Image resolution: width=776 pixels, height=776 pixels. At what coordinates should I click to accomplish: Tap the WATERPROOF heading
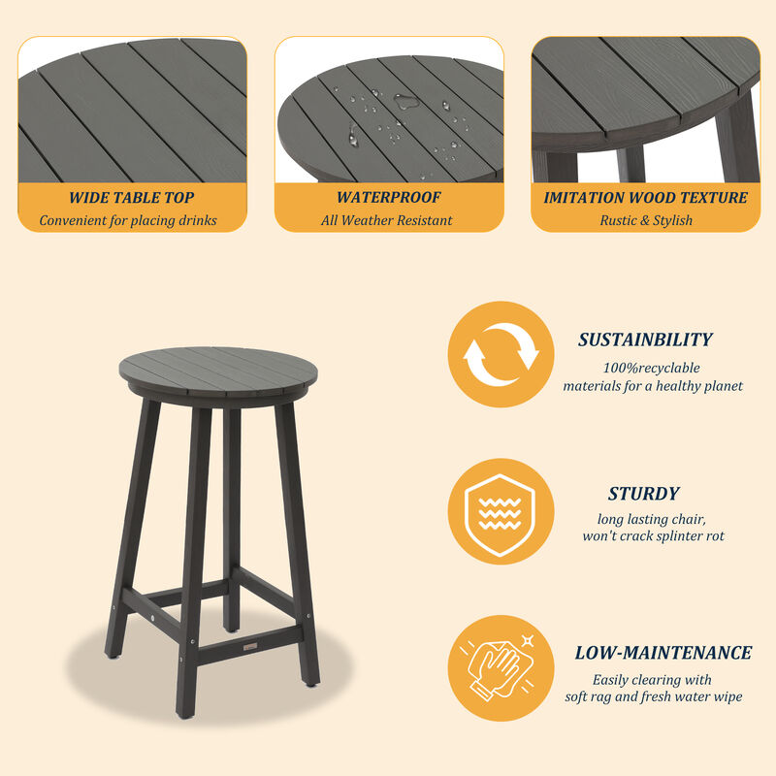pyautogui.click(x=388, y=198)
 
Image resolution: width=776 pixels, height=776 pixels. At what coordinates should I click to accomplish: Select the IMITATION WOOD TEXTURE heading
pyautogui.click(x=645, y=198)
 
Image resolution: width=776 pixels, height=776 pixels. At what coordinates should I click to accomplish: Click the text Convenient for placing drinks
pyautogui.click(x=128, y=220)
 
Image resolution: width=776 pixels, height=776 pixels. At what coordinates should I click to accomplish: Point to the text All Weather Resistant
pyautogui.click(x=387, y=220)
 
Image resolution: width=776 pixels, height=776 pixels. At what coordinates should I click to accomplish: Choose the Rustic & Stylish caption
pyautogui.click(x=645, y=220)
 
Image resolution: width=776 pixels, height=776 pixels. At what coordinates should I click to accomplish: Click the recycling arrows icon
pyautogui.click(x=501, y=355)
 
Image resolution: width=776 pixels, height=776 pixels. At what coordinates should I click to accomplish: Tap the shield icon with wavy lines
pyautogui.click(x=501, y=511)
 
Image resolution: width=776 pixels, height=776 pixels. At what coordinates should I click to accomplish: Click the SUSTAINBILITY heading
pyautogui.click(x=645, y=340)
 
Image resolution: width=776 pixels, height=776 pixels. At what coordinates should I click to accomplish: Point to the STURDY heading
pyautogui.click(x=644, y=494)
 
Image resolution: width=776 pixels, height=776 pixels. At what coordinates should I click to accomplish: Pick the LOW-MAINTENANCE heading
pyautogui.click(x=663, y=653)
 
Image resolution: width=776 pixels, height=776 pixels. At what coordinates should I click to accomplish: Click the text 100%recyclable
pyautogui.click(x=651, y=368)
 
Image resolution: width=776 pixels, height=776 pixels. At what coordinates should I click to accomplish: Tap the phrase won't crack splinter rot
pyautogui.click(x=653, y=535)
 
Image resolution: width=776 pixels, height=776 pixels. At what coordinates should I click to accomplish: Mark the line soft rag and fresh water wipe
pyautogui.click(x=654, y=696)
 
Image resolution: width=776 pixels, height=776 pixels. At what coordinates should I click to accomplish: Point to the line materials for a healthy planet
pyautogui.click(x=653, y=386)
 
